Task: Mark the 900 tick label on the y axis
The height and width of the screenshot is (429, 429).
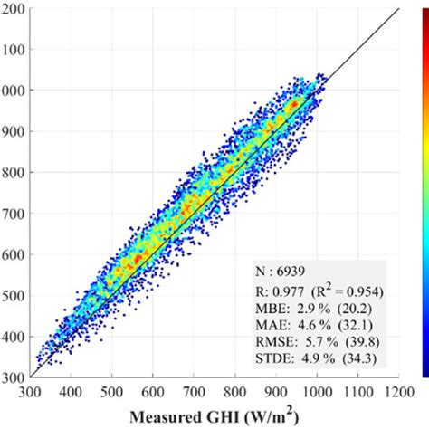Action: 14,131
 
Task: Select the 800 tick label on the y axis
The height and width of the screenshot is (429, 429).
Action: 14,172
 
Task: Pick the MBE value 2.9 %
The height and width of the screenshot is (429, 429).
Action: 305,310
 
